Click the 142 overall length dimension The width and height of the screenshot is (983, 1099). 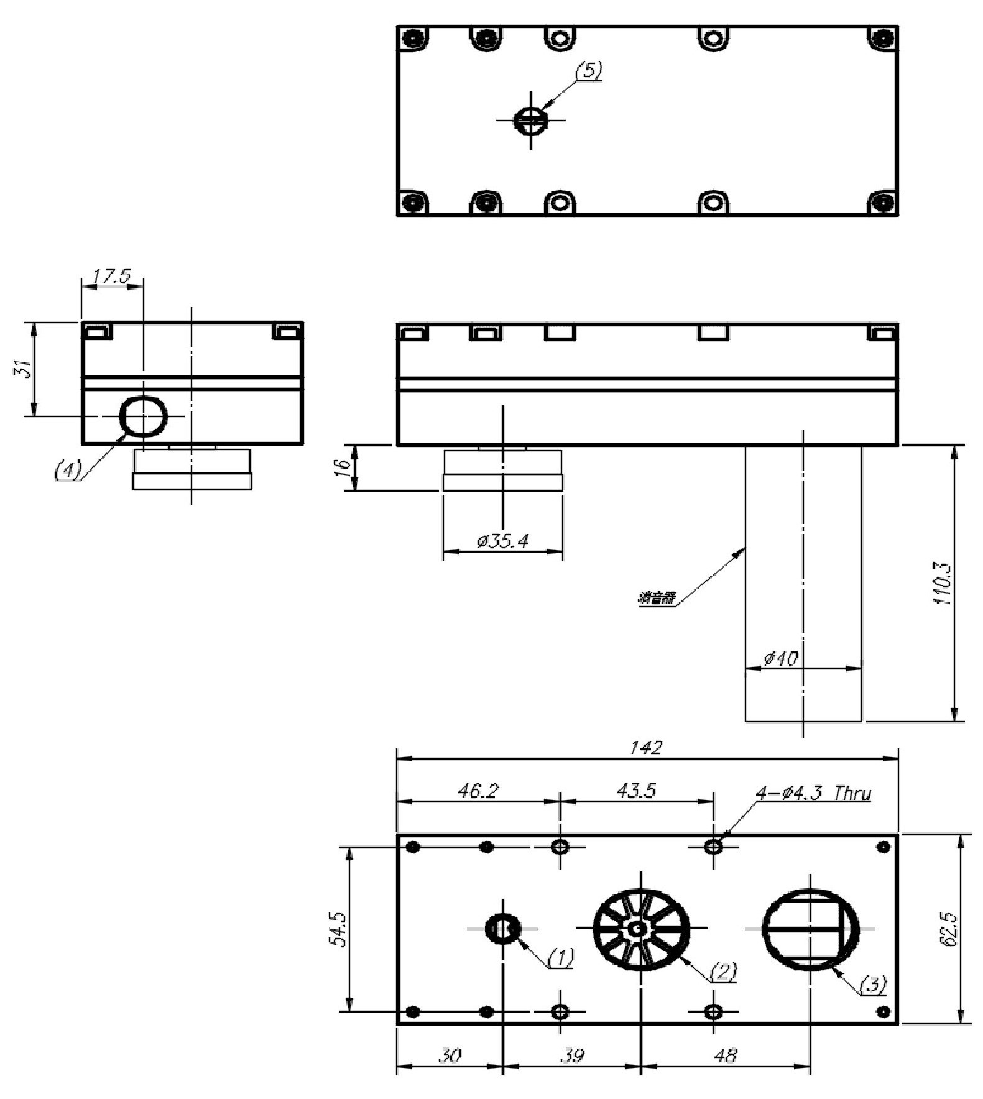click(646, 748)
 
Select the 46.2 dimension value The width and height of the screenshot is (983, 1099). click(478, 791)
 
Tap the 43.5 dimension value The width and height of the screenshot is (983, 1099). click(636, 791)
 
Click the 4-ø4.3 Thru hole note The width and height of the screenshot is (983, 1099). click(813, 794)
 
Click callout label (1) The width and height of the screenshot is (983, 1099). click(560, 958)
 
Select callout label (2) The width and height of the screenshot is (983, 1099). click(722, 971)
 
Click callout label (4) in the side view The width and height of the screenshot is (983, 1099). click(67, 470)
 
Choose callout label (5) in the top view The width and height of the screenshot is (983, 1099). click(588, 71)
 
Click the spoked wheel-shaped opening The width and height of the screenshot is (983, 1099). click(640, 929)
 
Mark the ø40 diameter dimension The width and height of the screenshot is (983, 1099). click(780, 658)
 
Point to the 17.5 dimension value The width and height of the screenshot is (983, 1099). click(112, 277)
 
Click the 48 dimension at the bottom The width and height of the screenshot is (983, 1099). click(725, 1055)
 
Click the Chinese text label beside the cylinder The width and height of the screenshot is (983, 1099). click(656, 599)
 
